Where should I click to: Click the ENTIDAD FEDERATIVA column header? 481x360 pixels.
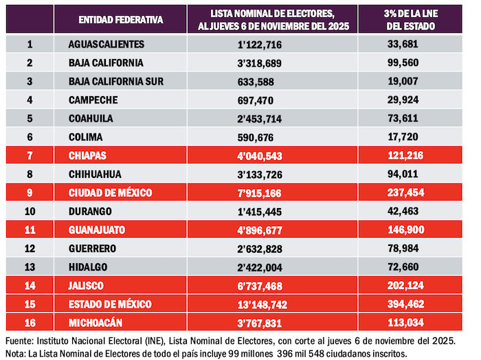(121, 20)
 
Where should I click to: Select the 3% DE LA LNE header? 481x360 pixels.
(414, 20)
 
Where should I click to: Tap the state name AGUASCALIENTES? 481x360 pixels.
(107, 44)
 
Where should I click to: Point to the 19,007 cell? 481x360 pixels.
(414, 81)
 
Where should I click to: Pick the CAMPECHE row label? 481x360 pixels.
(93, 100)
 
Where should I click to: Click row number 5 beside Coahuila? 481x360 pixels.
(30, 118)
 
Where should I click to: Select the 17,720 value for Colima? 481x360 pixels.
(414, 137)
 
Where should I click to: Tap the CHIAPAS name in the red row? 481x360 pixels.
(88, 155)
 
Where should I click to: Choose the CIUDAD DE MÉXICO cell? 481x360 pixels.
(111, 192)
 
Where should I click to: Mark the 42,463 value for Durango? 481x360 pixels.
(414, 211)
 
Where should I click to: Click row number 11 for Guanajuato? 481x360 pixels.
(30, 229)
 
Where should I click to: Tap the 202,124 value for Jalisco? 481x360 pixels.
(414, 285)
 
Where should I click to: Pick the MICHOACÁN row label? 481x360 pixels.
(96, 322)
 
